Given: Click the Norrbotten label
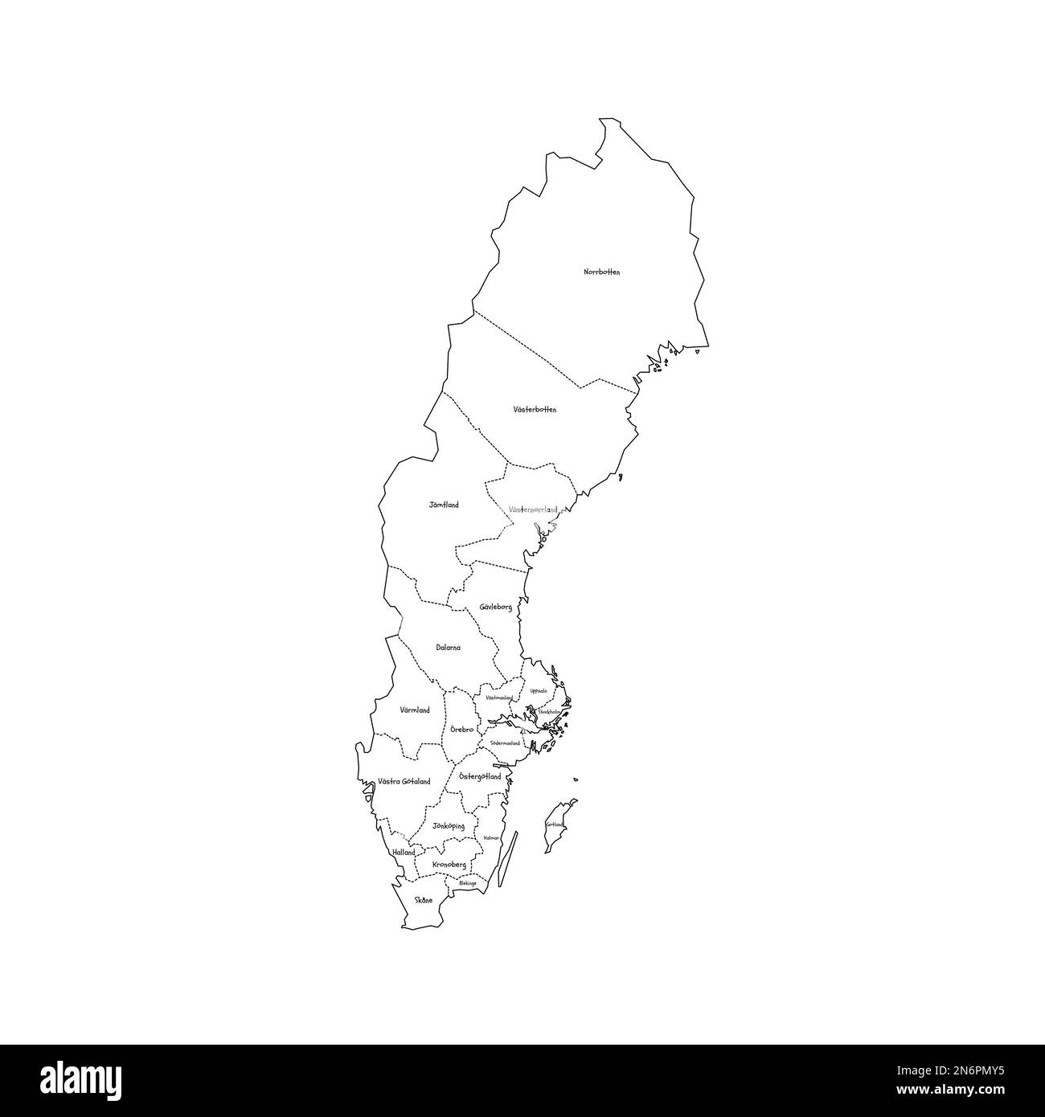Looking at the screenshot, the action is (601, 272).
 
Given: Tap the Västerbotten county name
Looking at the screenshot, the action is (535, 410).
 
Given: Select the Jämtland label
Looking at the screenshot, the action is (443, 505).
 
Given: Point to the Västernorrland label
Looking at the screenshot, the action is (533, 510).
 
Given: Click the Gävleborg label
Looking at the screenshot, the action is (495, 608).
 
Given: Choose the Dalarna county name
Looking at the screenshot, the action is (448, 648).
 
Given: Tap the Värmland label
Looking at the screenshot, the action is (415, 710).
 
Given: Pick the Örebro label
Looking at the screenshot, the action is (461, 730).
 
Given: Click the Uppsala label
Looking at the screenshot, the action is (538, 691).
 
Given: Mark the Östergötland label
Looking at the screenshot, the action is (479, 777).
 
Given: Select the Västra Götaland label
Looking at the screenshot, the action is (404, 782).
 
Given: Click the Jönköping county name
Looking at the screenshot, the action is (448, 826).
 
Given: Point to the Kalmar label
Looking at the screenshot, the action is (491, 838).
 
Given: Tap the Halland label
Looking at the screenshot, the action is (404, 853).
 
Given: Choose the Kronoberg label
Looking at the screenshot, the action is (449, 865).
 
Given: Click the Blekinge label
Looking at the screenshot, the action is (467, 883).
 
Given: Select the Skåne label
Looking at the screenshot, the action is (423, 901).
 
